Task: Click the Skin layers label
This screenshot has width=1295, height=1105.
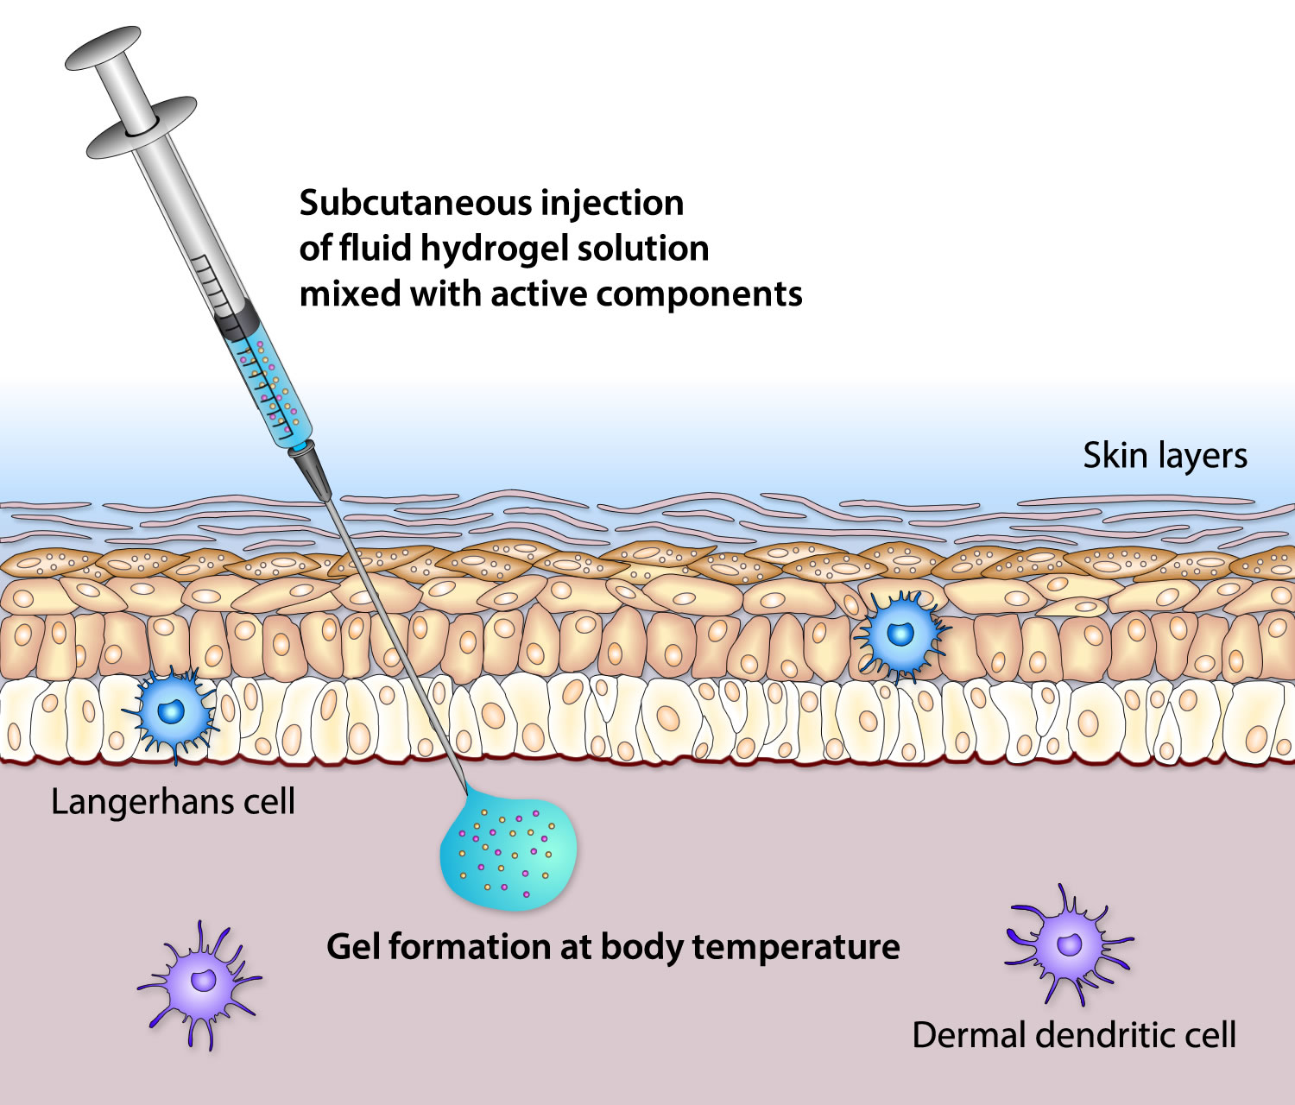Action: coord(1165,455)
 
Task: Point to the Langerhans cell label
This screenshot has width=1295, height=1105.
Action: coord(173,802)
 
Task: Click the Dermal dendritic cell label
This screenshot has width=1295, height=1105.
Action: coord(1074,1034)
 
